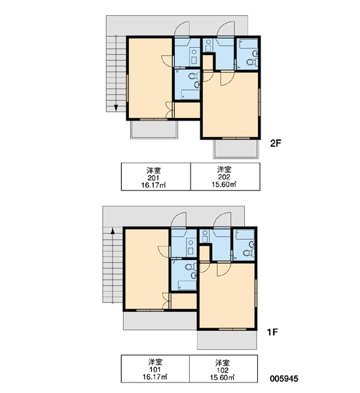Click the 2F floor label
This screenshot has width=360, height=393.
coord(276,143)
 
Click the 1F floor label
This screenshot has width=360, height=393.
coord(272,332)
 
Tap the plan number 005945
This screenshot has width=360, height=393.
coord(284,379)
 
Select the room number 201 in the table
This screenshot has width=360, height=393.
coord(153,178)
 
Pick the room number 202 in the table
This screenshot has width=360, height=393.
coord(224,177)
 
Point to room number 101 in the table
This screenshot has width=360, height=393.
coord(155,369)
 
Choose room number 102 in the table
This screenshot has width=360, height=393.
coord(222,370)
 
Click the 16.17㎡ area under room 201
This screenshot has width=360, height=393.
coord(153,185)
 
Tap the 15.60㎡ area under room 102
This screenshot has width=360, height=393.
coord(222,377)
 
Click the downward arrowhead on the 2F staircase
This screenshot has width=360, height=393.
coord(116,108)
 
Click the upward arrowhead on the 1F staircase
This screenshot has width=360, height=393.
coord(113,231)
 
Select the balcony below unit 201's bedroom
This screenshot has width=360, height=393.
coord(154,130)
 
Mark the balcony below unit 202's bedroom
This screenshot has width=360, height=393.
coord(236,149)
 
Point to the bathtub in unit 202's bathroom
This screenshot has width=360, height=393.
coord(248,43)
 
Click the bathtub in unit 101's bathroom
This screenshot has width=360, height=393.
coord(187,285)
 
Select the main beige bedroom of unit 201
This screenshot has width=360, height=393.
coord(151,78)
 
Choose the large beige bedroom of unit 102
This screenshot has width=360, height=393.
coord(227,296)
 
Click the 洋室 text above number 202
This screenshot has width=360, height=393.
coord(224,170)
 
